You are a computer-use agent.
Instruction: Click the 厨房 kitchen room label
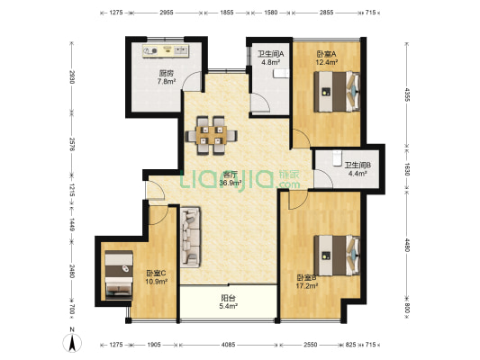(x=167, y=74)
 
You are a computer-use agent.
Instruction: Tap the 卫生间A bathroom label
(x=270, y=54)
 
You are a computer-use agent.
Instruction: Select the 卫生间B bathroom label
(x=358, y=166)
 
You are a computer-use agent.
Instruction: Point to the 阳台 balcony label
(x=229, y=298)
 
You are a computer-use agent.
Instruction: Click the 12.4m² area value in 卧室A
(x=327, y=62)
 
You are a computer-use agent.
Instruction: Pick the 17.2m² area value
(x=307, y=286)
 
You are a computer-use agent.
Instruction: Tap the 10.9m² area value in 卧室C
(x=156, y=282)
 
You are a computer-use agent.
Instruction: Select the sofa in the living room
(x=190, y=238)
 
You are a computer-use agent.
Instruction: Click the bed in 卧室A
(x=337, y=92)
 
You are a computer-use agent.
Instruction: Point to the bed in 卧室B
(x=337, y=256)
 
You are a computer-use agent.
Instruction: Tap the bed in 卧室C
(x=119, y=275)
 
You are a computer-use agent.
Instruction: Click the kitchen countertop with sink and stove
(x=166, y=50)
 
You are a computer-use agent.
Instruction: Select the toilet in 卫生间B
(x=338, y=157)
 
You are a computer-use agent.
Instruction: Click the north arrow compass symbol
(x=72, y=341)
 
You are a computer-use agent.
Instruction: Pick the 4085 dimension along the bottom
(x=229, y=345)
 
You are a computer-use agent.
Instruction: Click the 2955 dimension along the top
(x=167, y=13)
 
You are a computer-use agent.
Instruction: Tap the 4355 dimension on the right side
(x=407, y=94)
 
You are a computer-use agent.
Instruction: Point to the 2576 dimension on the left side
(x=72, y=144)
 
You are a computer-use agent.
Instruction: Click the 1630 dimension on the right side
(x=407, y=169)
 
